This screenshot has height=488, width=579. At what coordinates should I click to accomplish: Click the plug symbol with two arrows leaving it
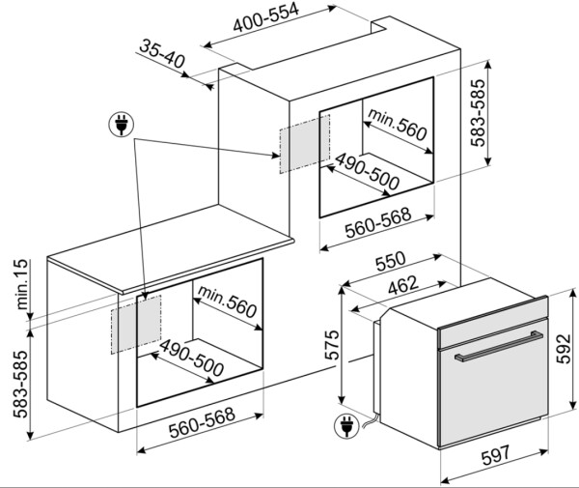[122, 124]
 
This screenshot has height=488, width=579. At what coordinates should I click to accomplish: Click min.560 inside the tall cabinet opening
[396, 127]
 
